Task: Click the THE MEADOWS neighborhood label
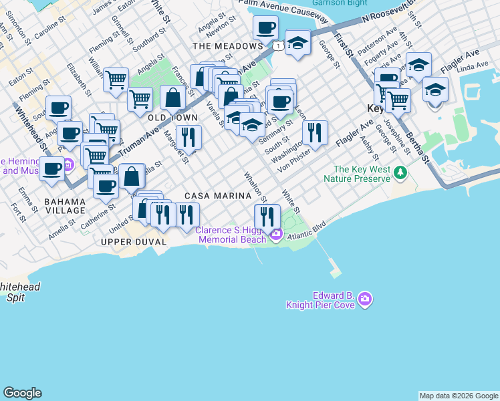227,46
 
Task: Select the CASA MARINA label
224,196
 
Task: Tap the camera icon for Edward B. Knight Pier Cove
364,299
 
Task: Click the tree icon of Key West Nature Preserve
400,173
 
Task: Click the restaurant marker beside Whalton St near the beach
266,216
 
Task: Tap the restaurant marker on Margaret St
189,137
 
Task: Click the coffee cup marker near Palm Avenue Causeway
265,28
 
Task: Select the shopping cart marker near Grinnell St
116,80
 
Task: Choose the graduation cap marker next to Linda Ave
435,89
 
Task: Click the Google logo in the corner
22,393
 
